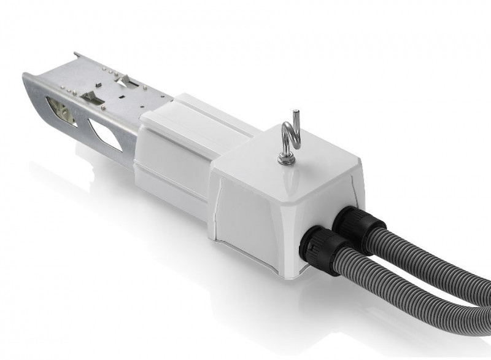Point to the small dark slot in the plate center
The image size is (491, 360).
122,96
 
